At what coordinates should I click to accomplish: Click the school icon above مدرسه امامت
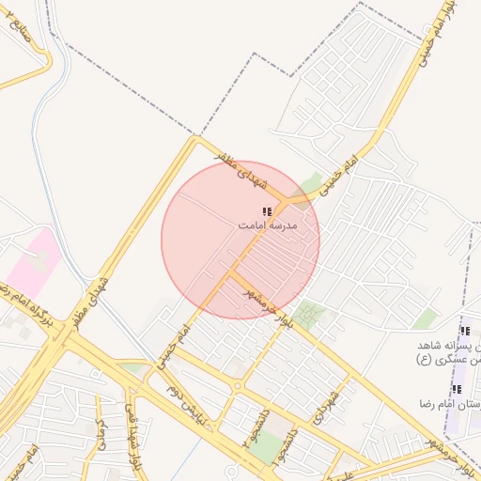point(267,212)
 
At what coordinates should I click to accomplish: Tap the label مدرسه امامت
point(267,226)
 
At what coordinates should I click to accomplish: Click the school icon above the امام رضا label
point(458,389)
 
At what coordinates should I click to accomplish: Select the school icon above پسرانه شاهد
point(464,331)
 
